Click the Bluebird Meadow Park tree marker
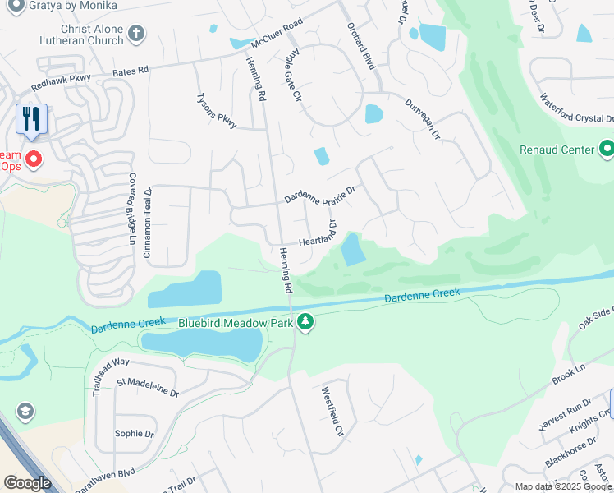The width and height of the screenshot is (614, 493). [305, 322]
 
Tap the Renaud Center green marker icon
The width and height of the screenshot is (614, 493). [607, 149]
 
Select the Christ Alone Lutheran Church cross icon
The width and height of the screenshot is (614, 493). [136, 34]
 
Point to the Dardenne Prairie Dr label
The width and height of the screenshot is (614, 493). [319, 195]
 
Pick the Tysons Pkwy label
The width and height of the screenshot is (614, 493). [216, 110]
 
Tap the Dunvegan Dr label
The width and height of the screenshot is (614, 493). [423, 118]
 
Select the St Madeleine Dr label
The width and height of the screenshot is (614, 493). [148, 387]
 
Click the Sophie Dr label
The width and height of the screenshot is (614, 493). [135, 433]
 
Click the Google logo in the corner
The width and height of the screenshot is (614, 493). [27, 483]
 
